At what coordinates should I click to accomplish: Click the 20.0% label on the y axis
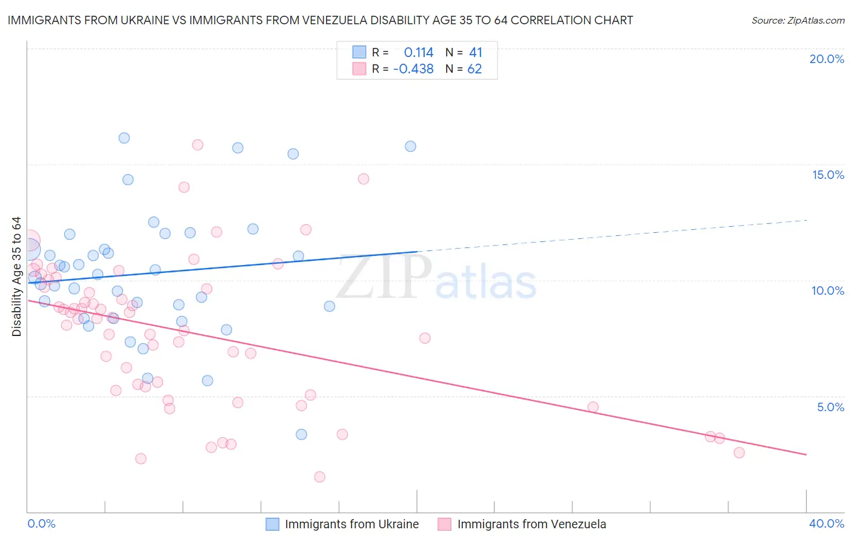pos(827,59)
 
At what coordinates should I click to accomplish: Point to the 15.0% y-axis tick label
pos(828,175)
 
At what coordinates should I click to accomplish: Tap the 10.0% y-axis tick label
pos(828,291)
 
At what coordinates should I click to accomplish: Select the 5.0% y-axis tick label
pos(830,407)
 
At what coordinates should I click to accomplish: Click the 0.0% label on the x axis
pos(42,523)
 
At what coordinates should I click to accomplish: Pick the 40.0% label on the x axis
pos(827,523)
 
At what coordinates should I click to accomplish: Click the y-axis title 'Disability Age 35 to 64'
pos(16,277)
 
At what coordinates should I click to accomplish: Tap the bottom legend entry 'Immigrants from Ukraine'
pos(351,524)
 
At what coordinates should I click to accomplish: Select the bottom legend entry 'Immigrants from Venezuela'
pos(531,524)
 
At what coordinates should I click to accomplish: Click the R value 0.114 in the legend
pos(419,53)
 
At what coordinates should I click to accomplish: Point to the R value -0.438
pos(413,69)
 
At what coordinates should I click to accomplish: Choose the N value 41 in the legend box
pos(476,53)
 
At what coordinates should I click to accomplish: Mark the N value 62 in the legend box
pos(474,69)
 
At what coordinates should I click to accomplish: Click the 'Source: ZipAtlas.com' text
pos(798,21)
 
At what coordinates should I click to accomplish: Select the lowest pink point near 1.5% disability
pos(319,477)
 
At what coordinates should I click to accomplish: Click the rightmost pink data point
pos(739,452)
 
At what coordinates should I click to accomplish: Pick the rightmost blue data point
pos(410,146)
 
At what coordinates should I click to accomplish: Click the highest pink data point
pos(198,145)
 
